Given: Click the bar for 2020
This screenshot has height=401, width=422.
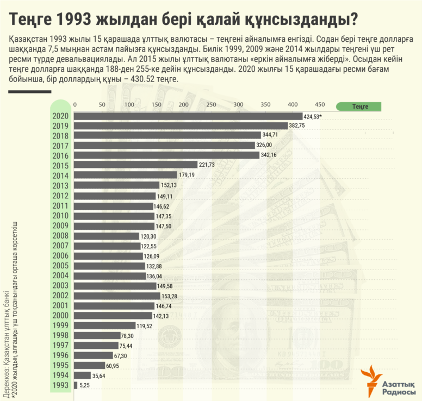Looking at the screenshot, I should click(x=188, y=116).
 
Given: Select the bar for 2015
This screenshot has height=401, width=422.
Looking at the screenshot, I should click(x=135, y=165).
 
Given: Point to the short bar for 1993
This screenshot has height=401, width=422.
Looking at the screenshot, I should click(x=76, y=385).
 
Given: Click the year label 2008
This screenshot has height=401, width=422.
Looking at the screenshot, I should click(x=60, y=236).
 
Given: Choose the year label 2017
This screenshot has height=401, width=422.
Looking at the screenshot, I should click(x=60, y=146).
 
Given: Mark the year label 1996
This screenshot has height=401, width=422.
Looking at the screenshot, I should click(x=60, y=355).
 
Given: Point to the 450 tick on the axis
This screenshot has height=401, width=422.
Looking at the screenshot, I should click(x=320, y=105).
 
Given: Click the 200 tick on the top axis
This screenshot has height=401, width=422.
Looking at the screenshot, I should click(x=183, y=105).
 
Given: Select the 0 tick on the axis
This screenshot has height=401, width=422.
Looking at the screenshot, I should click(x=75, y=105).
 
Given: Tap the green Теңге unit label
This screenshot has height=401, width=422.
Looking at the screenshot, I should click(x=360, y=106).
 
